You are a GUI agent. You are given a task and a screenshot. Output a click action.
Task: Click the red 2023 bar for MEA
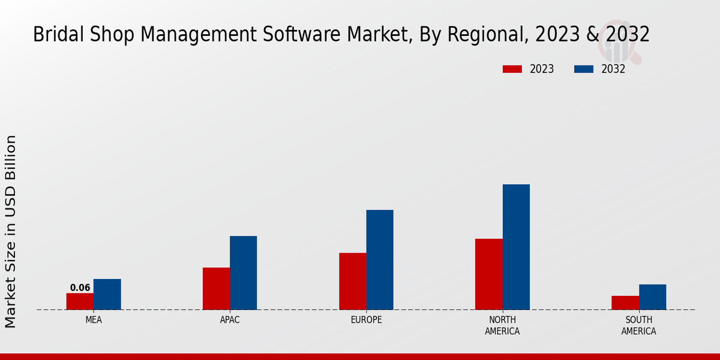[x=80, y=301]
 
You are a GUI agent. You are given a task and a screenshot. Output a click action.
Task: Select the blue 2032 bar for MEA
[x=107, y=294]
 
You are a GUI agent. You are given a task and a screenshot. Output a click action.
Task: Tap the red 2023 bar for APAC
[x=216, y=289]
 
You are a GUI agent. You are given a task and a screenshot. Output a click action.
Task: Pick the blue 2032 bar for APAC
[x=243, y=273]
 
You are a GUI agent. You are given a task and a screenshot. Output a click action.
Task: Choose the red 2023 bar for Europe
[x=352, y=281]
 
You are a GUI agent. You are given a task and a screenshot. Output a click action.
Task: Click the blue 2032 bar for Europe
[x=380, y=260]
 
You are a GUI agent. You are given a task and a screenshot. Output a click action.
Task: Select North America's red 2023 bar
[x=488, y=274]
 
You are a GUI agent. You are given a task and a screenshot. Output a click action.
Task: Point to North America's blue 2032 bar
[x=516, y=247]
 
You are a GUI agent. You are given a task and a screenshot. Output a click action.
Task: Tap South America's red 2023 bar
[x=625, y=302]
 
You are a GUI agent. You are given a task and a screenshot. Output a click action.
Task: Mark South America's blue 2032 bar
[x=652, y=297]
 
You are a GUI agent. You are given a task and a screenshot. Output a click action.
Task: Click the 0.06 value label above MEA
[x=80, y=288]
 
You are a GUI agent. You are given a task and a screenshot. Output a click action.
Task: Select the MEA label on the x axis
[x=94, y=320]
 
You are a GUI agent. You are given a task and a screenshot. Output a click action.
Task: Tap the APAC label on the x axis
[x=230, y=320]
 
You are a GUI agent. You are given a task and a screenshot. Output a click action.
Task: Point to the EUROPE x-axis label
[x=366, y=320]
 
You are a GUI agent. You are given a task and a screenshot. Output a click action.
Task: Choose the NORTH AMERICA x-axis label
[x=502, y=325]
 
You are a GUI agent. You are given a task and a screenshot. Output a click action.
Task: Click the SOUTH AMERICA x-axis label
[x=638, y=325]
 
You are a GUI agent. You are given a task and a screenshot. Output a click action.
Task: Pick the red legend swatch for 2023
[x=512, y=69]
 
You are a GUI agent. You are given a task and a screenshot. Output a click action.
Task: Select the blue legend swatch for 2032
[x=584, y=69]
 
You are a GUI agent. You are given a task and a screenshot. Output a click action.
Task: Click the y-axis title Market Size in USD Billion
[x=11, y=231]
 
